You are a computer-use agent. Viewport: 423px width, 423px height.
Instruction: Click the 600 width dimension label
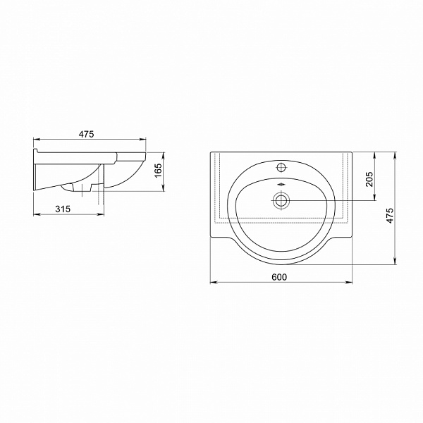(279, 277)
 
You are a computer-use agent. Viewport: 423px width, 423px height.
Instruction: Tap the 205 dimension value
(369, 179)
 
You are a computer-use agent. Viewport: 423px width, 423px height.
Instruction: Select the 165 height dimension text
(158, 171)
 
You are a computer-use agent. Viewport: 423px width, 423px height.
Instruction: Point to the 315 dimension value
(63, 209)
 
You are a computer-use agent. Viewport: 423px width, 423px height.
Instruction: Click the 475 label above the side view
(86, 134)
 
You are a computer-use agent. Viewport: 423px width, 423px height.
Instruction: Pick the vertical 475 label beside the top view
(390, 215)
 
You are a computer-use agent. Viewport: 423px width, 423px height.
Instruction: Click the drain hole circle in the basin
(281, 200)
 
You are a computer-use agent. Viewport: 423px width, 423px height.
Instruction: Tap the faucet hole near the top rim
(281, 167)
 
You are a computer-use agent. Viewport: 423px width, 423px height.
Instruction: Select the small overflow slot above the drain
(281, 185)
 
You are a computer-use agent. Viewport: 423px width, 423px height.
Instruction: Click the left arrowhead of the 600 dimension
(214, 283)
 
